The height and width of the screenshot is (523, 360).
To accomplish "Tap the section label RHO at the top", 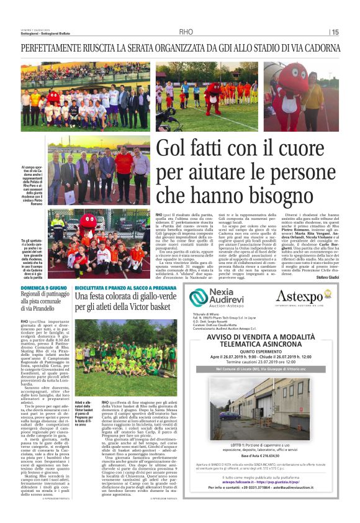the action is (186, 32).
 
